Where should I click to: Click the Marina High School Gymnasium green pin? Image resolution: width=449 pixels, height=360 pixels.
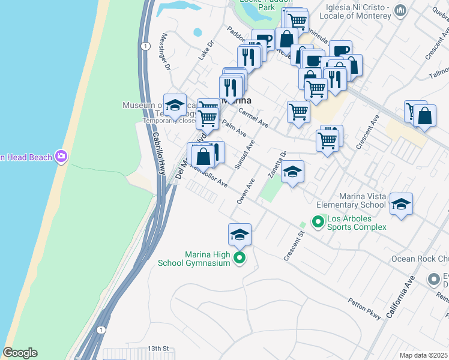(240, 259)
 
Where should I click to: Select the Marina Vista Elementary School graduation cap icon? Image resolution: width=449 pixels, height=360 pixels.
(401, 204)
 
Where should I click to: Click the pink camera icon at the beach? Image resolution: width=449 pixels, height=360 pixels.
(61, 157)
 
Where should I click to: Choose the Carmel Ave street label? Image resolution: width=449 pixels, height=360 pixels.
(253, 117)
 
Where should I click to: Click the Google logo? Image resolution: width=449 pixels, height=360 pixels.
(20, 353)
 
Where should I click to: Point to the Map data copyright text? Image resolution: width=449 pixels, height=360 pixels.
(424, 355)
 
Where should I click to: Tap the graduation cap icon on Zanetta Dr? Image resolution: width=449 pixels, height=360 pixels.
(292, 172)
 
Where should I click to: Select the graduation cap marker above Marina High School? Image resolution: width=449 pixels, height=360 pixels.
(240, 234)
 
